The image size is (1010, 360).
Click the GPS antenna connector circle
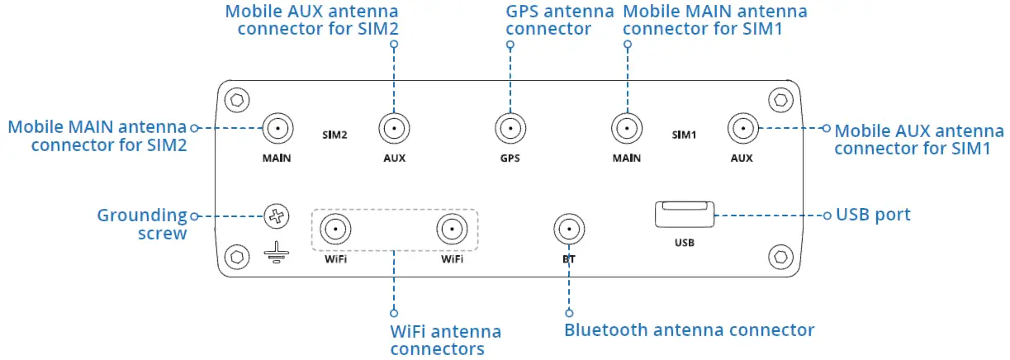click(510, 130)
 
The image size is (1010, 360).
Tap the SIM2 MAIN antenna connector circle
click(277, 130)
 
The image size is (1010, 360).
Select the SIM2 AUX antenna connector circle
click(395, 130)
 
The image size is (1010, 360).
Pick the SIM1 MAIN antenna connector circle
click(627, 130)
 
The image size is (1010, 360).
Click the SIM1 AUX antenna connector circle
click(742, 130)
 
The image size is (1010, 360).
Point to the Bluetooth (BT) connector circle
click(568, 229)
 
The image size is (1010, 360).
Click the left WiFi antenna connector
click(336, 229)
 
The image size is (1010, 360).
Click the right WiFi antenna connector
click(452, 229)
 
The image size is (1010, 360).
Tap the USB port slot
click(684, 215)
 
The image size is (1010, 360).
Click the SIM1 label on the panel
click(685, 132)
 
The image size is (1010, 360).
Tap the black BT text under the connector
click(568, 259)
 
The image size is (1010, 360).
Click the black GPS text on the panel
click(510, 159)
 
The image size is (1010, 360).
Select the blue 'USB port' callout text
click(873, 216)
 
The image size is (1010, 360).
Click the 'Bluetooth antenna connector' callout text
click(689, 330)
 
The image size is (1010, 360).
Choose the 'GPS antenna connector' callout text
click(559, 21)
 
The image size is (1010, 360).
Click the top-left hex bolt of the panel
click(237, 101)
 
